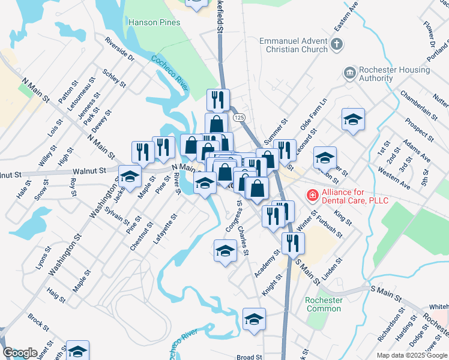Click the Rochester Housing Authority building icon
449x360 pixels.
coord(349,73)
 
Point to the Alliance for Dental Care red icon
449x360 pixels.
coord(312,196)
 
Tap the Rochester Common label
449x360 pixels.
coord(324,304)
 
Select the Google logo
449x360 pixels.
coord(20,353)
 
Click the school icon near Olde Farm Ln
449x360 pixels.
coord(354,119)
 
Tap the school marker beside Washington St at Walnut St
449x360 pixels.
coord(130,176)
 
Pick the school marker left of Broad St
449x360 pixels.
coord(254,319)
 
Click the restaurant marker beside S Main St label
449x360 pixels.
coord(293,244)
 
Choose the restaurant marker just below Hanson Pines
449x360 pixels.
coord(218,100)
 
